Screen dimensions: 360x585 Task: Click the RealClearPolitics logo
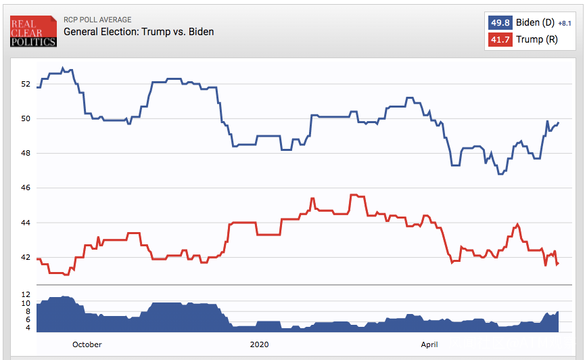[33, 31]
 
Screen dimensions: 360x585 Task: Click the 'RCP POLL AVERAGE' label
[97, 20]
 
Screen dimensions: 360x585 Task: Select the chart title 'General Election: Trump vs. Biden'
[139, 32]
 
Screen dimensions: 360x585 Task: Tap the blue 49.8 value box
[500, 22]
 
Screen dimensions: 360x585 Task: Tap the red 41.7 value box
[500, 39]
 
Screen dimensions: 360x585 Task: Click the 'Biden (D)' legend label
[535, 22]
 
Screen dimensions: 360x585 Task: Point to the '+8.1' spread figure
[565, 23]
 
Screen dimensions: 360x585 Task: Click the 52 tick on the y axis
[26, 84]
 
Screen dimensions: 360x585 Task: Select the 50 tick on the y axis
[26, 118]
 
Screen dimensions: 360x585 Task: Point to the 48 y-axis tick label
[26, 153]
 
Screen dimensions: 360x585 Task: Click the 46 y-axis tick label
[26, 187]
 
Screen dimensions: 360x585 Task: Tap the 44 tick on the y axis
[26, 223]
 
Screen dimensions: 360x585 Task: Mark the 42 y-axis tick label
[26, 257]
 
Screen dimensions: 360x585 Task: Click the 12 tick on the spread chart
[26, 294]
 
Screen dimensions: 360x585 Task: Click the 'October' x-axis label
[87, 344]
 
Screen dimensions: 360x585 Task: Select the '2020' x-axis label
[260, 344]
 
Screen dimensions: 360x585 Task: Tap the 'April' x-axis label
[429, 344]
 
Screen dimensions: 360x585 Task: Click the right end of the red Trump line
[558, 263]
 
